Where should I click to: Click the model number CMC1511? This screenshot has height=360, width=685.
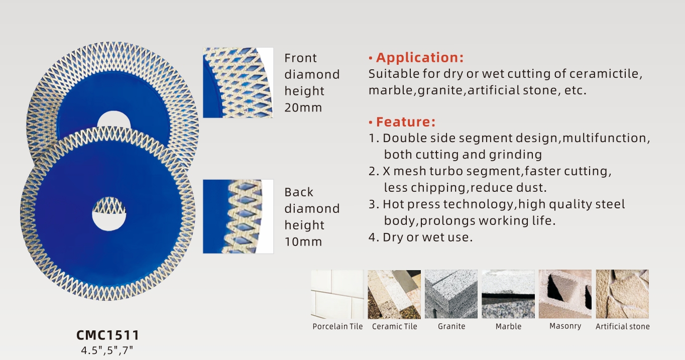coord(107,335)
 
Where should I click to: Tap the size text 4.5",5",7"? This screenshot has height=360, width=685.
coord(107,350)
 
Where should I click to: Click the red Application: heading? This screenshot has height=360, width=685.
coord(419,58)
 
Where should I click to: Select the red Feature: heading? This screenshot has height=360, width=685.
coord(405,122)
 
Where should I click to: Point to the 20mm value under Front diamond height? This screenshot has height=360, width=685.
coord(303,107)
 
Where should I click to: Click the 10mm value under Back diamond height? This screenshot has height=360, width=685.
coord(303,242)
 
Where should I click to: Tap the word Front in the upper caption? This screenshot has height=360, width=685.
coord(300,58)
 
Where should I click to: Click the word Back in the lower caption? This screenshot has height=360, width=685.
coord(299,192)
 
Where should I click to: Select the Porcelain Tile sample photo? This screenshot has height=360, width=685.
coord(337,294)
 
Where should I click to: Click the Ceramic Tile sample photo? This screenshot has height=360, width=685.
coord(394,294)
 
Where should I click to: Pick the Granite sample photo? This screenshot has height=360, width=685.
coord(451,294)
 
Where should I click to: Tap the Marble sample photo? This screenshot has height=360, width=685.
coord(508,294)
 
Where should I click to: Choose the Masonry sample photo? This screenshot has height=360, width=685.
coord(565,294)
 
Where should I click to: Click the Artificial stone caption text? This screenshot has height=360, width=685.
coord(623,326)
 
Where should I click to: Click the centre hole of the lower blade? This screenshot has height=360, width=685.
coord(109,220)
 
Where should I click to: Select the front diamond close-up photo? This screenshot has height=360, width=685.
coord(238,82)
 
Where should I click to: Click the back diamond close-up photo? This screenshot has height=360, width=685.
coord(238,216)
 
